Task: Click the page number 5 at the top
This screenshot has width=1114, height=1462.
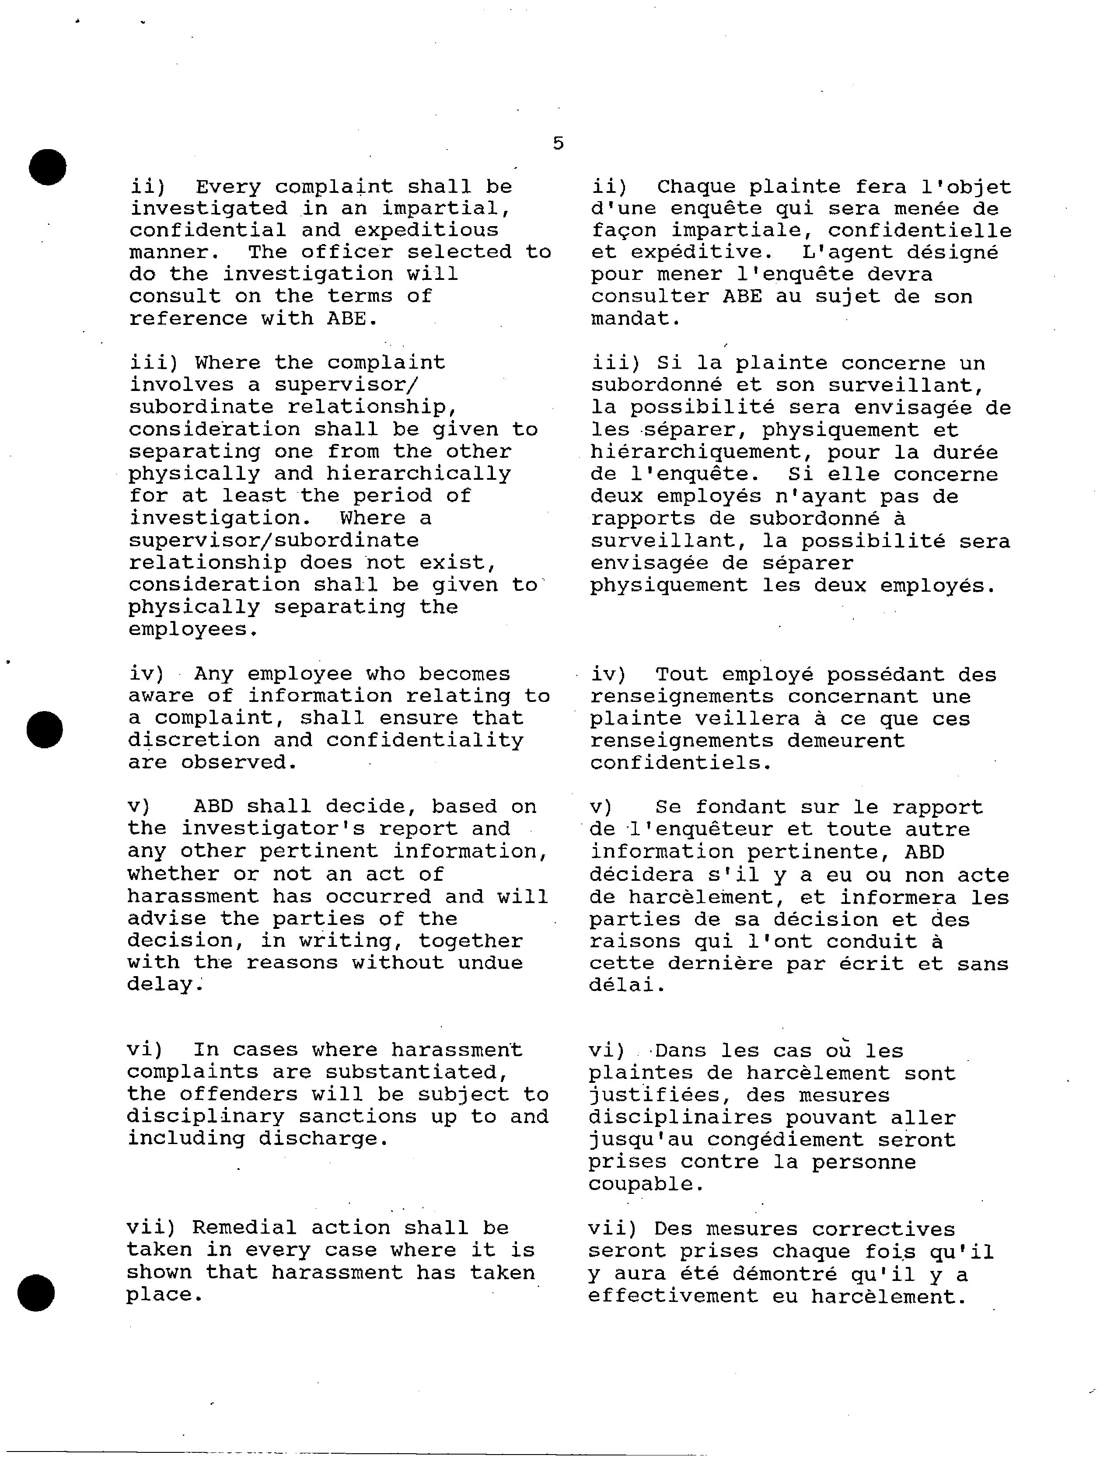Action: (x=559, y=143)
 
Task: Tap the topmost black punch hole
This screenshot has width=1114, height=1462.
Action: (x=48, y=167)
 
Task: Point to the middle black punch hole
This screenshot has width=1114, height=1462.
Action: (x=45, y=730)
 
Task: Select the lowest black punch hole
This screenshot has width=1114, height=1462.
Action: (x=36, y=1293)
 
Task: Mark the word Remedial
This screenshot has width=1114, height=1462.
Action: (x=244, y=1228)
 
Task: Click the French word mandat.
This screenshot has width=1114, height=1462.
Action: (x=635, y=319)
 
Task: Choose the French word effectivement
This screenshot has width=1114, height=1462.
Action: (x=673, y=1296)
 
